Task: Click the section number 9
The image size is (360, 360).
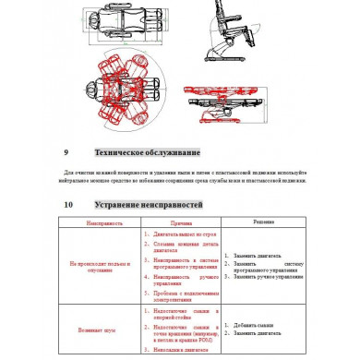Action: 66,152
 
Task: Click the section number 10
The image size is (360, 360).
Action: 67,204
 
